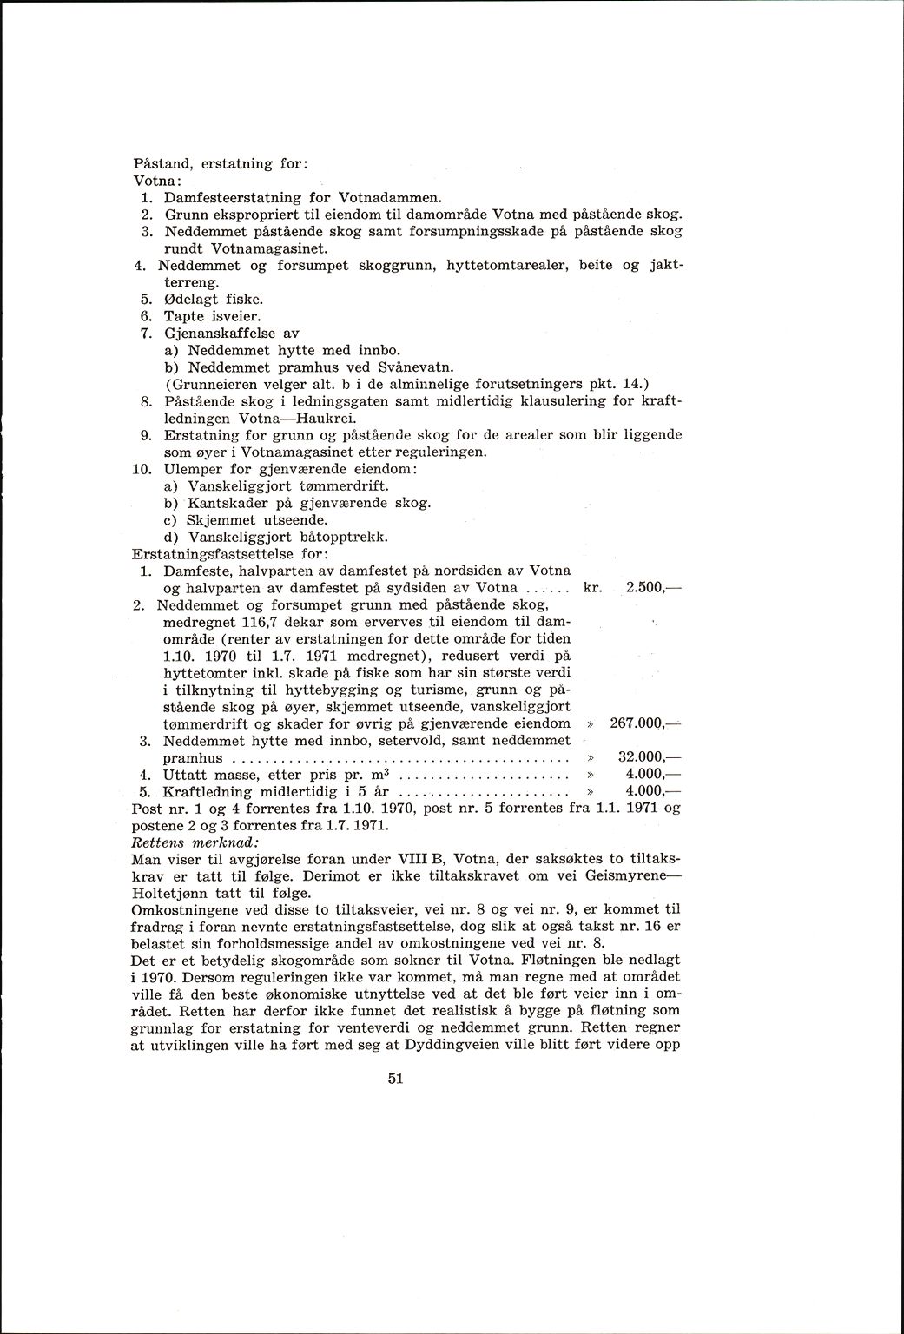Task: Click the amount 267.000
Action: [x=637, y=723]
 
